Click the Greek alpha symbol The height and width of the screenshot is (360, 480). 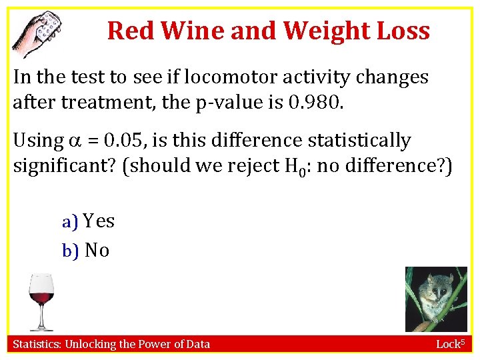pyautogui.click(x=75, y=141)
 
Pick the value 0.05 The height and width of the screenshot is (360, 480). pyautogui.click(x=121, y=141)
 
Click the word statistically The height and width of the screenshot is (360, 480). pyautogui.click(x=357, y=141)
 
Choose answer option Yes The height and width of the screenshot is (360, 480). pyautogui.click(x=99, y=221)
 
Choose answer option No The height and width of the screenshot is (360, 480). pyautogui.click(x=97, y=250)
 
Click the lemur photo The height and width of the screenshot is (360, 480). pyautogui.click(x=436, y=299)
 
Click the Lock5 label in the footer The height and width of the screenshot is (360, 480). pyautogui.click(x=453, y=344)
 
